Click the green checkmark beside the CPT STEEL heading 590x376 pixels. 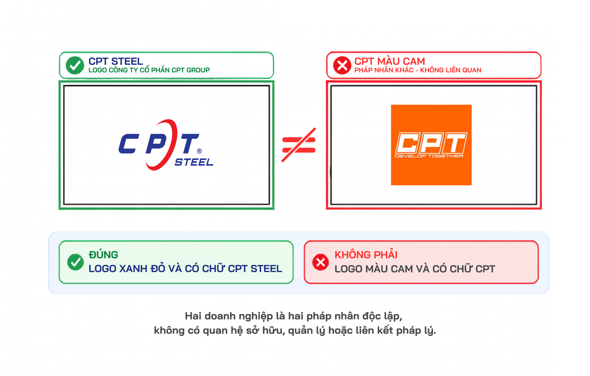coord(75,65)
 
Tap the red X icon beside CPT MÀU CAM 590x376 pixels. coord(342,65)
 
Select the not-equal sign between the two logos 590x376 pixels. coord(299,145)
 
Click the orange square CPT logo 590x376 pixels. coord(431,145)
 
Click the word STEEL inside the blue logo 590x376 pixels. coord(194,162)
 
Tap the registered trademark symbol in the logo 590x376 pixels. coord(199,151)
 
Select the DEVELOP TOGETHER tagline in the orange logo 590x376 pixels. coord(429,156)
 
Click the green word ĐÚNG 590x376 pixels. coord(103,255)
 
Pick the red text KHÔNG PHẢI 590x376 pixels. coord(366,255)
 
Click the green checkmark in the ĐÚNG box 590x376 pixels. coord(75,262)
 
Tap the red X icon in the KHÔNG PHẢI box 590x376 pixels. coord(320,262)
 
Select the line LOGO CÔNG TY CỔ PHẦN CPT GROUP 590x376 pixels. coord(149,70)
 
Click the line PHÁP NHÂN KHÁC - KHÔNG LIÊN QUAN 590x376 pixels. coord(418,70)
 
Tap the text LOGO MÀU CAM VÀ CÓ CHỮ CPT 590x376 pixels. coord(415,269)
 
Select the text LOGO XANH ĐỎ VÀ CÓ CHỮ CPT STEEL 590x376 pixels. coord(185,269)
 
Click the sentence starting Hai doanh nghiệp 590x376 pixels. coord(294,316)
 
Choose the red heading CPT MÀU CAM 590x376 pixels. coord(389,61)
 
